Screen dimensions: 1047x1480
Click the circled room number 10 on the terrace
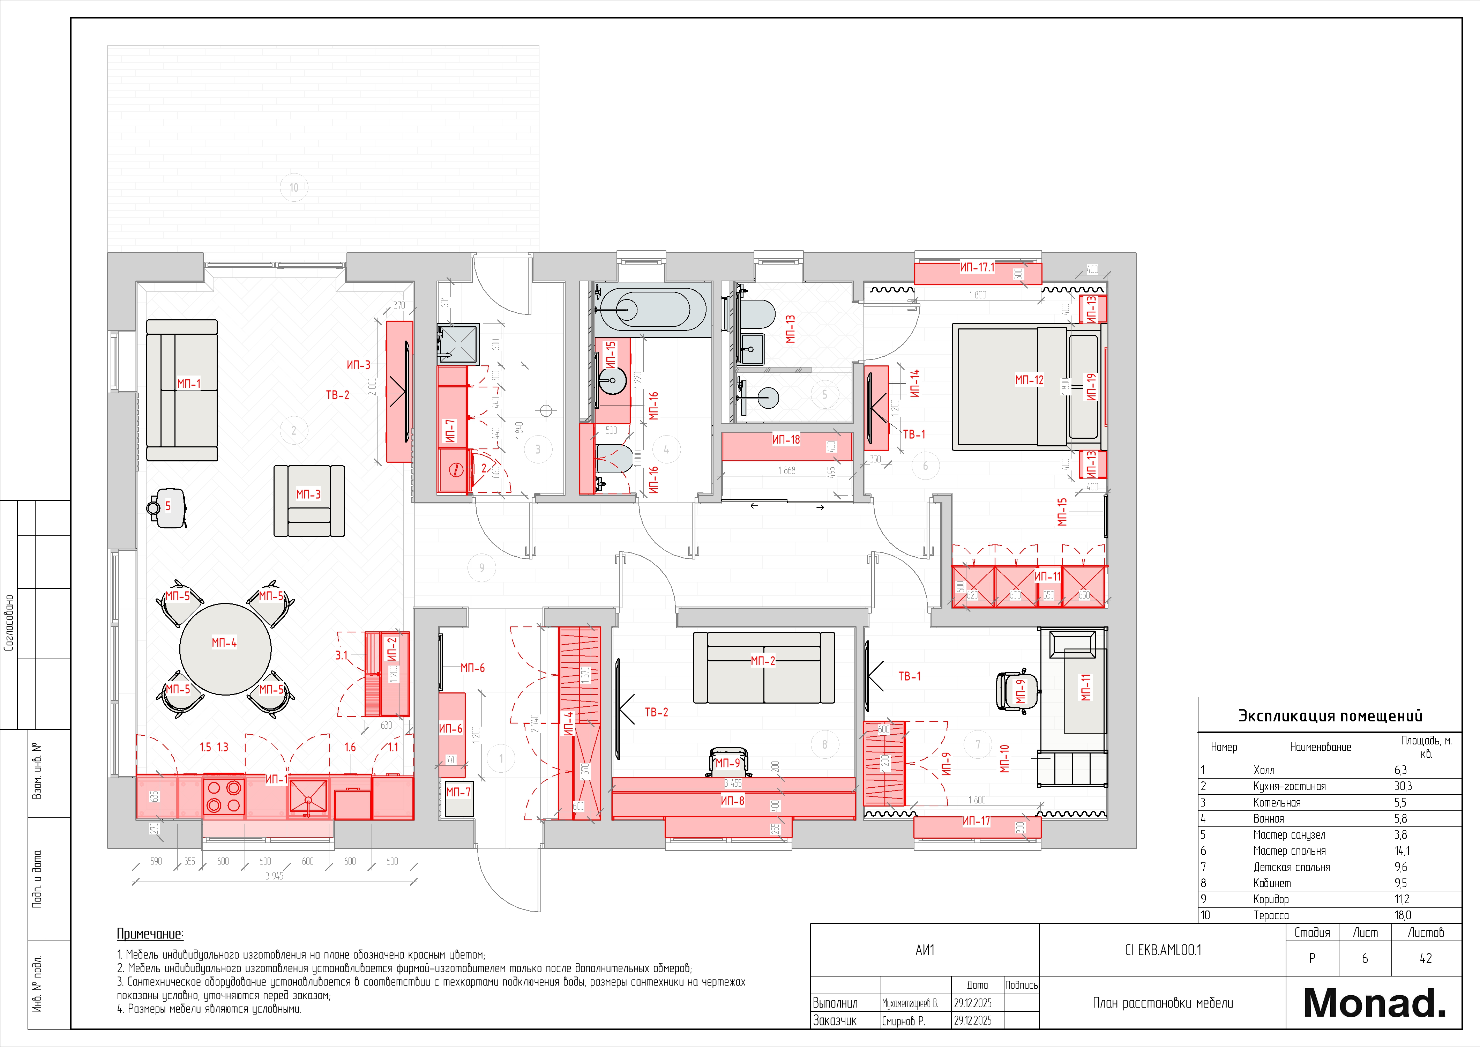[x=294, y=188]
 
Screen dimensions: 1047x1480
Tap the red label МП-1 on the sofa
[x=189, y=384]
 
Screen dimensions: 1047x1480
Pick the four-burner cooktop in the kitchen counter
[x=224, y=796]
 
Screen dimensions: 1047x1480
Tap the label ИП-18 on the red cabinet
[x=786, y=440]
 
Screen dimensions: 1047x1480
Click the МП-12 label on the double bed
[x=1029, y=380]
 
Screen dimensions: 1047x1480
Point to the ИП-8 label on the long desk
[x=732, y=801]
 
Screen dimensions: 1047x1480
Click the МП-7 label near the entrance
[x=458, y=792]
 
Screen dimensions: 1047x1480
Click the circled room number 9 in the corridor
[x=481, y=568]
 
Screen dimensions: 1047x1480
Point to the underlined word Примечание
[x=150, y=934]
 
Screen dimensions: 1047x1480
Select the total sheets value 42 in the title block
[x=1425, y=959]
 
